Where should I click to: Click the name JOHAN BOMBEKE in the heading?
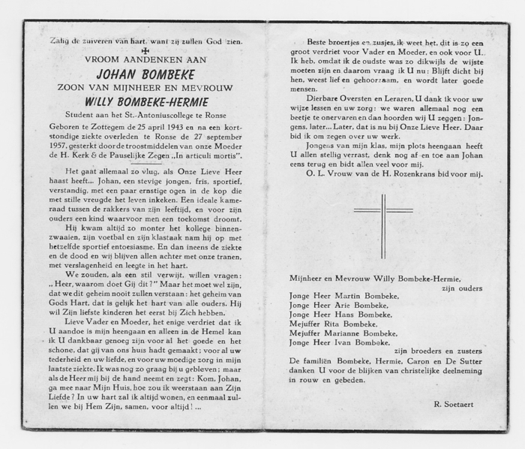tap(145, 74)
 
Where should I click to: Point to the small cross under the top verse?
tap(145, 50)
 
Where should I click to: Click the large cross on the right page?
tap(382, 225)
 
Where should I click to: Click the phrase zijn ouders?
tap(461, 287)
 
